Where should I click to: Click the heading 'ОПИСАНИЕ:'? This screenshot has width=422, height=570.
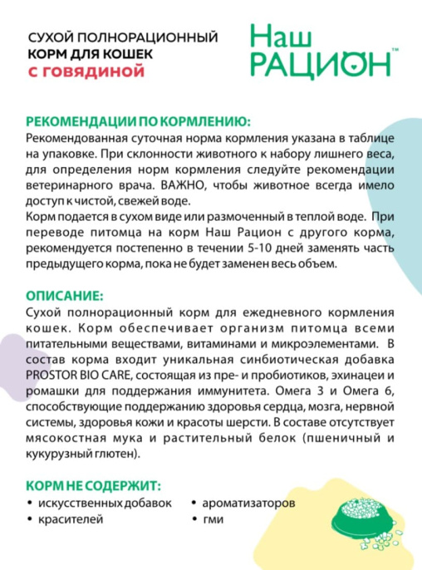[65, 295]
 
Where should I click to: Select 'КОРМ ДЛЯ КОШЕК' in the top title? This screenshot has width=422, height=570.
[80, 54]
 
